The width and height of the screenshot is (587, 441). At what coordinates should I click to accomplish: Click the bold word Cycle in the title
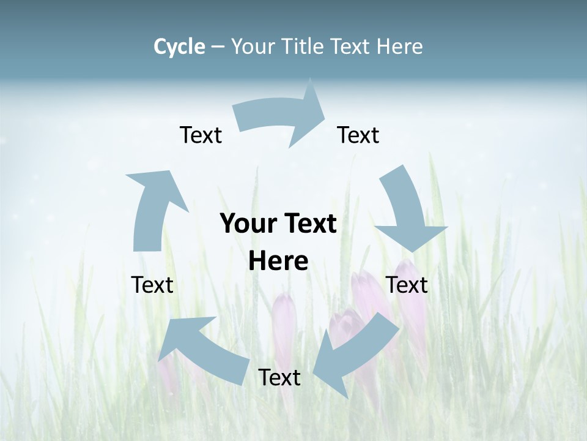(179, 47)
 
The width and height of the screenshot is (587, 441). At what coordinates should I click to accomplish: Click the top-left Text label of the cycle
(201, 135)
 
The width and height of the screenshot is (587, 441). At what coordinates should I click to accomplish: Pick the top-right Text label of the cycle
(358, 135)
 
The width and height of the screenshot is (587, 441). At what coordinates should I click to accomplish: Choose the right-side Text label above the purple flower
(407, 285)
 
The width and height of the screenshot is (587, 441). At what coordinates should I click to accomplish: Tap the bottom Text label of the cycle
(279, 377)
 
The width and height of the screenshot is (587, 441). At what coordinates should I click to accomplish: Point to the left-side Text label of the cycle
(152, 285)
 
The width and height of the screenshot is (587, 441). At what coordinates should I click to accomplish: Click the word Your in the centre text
(244, 224)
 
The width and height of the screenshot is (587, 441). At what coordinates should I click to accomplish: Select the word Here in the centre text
(278, 262)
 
